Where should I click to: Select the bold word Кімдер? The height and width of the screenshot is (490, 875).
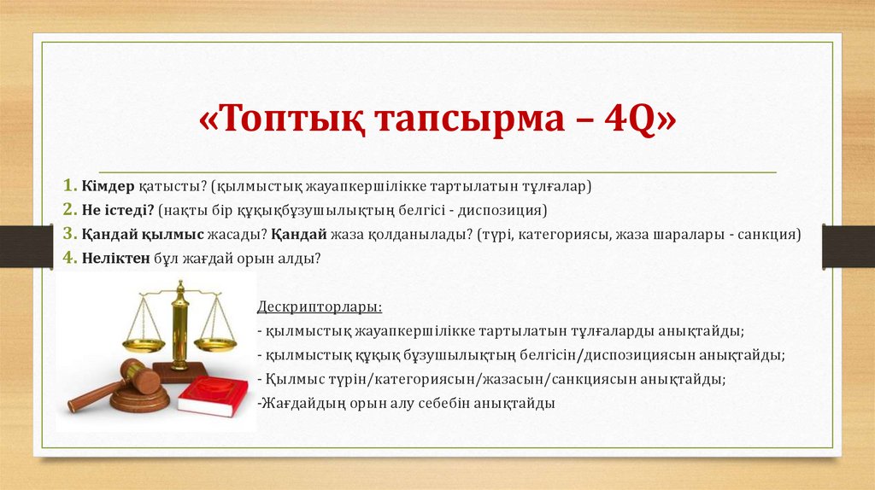click(x=109, y=185)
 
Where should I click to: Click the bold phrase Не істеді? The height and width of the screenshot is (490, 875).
click(x=118, y=209)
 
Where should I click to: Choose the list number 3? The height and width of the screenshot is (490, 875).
click(x=68, y=233)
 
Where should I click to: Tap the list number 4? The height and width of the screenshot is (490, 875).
click(x=68, y=257)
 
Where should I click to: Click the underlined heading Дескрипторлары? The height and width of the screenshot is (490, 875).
click(x=319, y=306)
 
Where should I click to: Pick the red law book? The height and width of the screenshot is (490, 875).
click(x=213, y=396)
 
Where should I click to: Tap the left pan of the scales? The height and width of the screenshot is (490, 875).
click(x=143, y=345)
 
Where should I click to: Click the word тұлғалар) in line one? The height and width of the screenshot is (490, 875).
click(x=555, y=185)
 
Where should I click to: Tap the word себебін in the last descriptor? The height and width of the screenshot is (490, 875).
click(x=440, y=402)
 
